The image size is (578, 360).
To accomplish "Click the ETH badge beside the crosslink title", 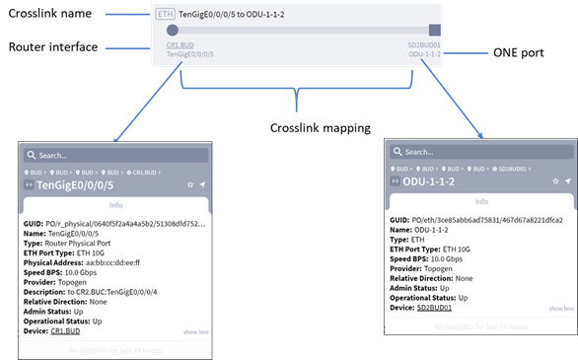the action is (167, 15).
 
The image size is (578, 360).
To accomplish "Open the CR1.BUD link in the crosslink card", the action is (180, 45).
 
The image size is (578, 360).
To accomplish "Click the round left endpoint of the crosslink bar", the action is (172, 31).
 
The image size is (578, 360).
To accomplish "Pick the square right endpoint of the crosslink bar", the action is (434, 31).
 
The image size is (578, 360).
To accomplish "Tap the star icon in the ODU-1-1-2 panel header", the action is (554, 181).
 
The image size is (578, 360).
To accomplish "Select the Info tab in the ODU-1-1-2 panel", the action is (480, 203).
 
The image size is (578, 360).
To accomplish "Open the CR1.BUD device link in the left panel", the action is (66, 330).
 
